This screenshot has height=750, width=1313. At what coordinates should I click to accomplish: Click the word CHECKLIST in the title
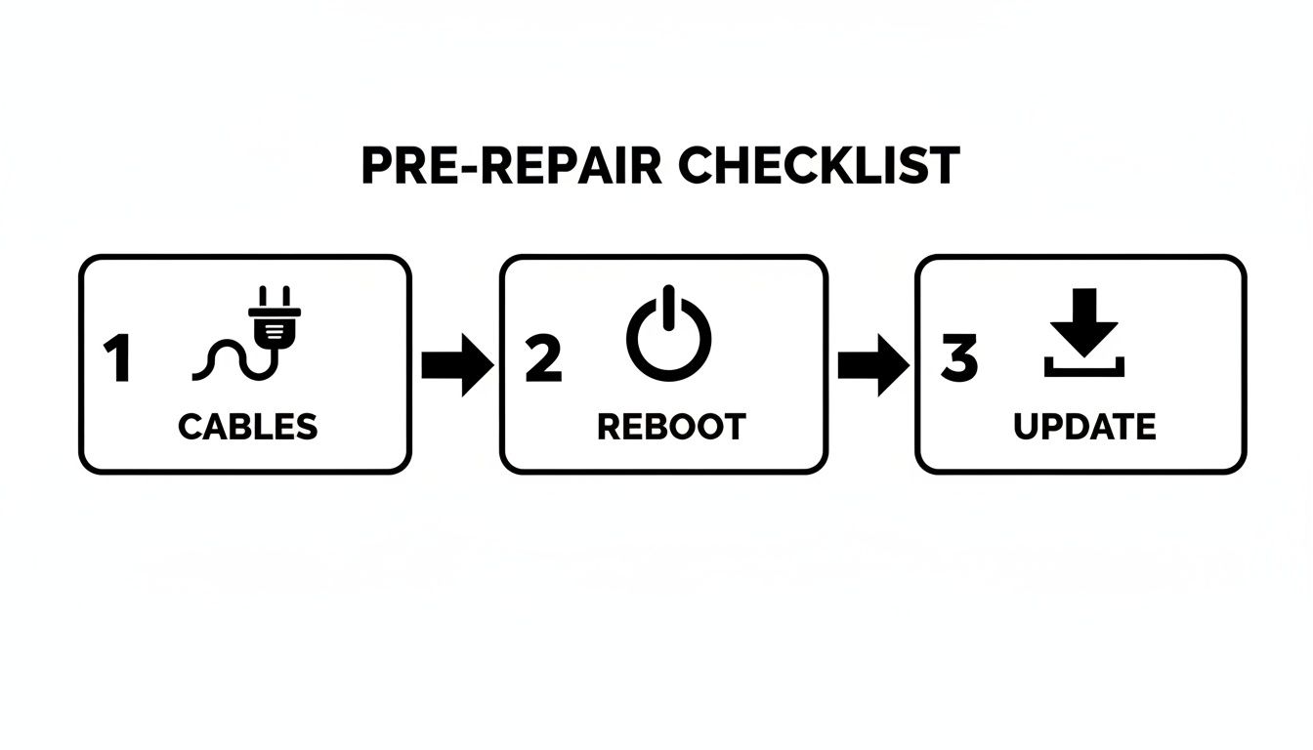point(819,166)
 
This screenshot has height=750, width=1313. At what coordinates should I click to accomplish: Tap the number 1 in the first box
point(117,359)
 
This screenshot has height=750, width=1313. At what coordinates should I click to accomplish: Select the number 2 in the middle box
point(543,359)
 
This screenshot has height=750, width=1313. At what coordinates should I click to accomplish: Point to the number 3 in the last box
point(958,359)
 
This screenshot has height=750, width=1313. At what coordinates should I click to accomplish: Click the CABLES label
point(247,427)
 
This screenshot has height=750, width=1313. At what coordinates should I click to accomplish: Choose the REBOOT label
point(670,427)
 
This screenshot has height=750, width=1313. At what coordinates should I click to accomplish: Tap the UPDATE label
point(1084,427)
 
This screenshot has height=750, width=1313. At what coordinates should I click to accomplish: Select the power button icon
point(668,337)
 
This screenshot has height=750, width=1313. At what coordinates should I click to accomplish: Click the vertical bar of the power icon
point(668,309)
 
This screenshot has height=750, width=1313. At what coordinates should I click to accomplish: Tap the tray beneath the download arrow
point(1084,371)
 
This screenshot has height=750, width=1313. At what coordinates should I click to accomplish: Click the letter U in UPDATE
point(1025,427)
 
